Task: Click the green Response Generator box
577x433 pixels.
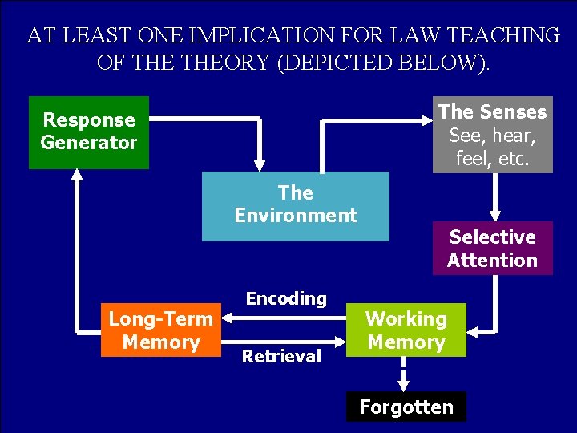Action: pyautogui.click(x=89, y=132)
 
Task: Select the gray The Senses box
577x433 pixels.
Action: pyautogui.click(x=492, y=136)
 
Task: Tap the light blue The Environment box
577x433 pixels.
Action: pyautogui.click(x=295, y=205)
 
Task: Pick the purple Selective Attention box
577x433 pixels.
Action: pyautogui.click(x=492, y=249)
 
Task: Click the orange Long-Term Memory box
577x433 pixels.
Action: pyautogui.click(x=160, y=330)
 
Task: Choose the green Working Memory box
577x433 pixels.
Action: pyautogui.click(x=406, y=330)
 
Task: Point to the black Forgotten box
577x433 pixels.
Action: pyautogui.click(x=406, y=407)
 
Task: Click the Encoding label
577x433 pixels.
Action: pyautogui.click(x=286, y=298)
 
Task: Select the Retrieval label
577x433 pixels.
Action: pyautogui.click(x=281, y=356)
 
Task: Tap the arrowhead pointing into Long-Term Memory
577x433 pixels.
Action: pyautogui.click(x=227, y=318)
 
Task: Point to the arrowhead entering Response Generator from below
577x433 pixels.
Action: pyautogui.click(x=76, y=177)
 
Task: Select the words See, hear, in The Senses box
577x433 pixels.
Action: pyautogui.click(x=492, y=135)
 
